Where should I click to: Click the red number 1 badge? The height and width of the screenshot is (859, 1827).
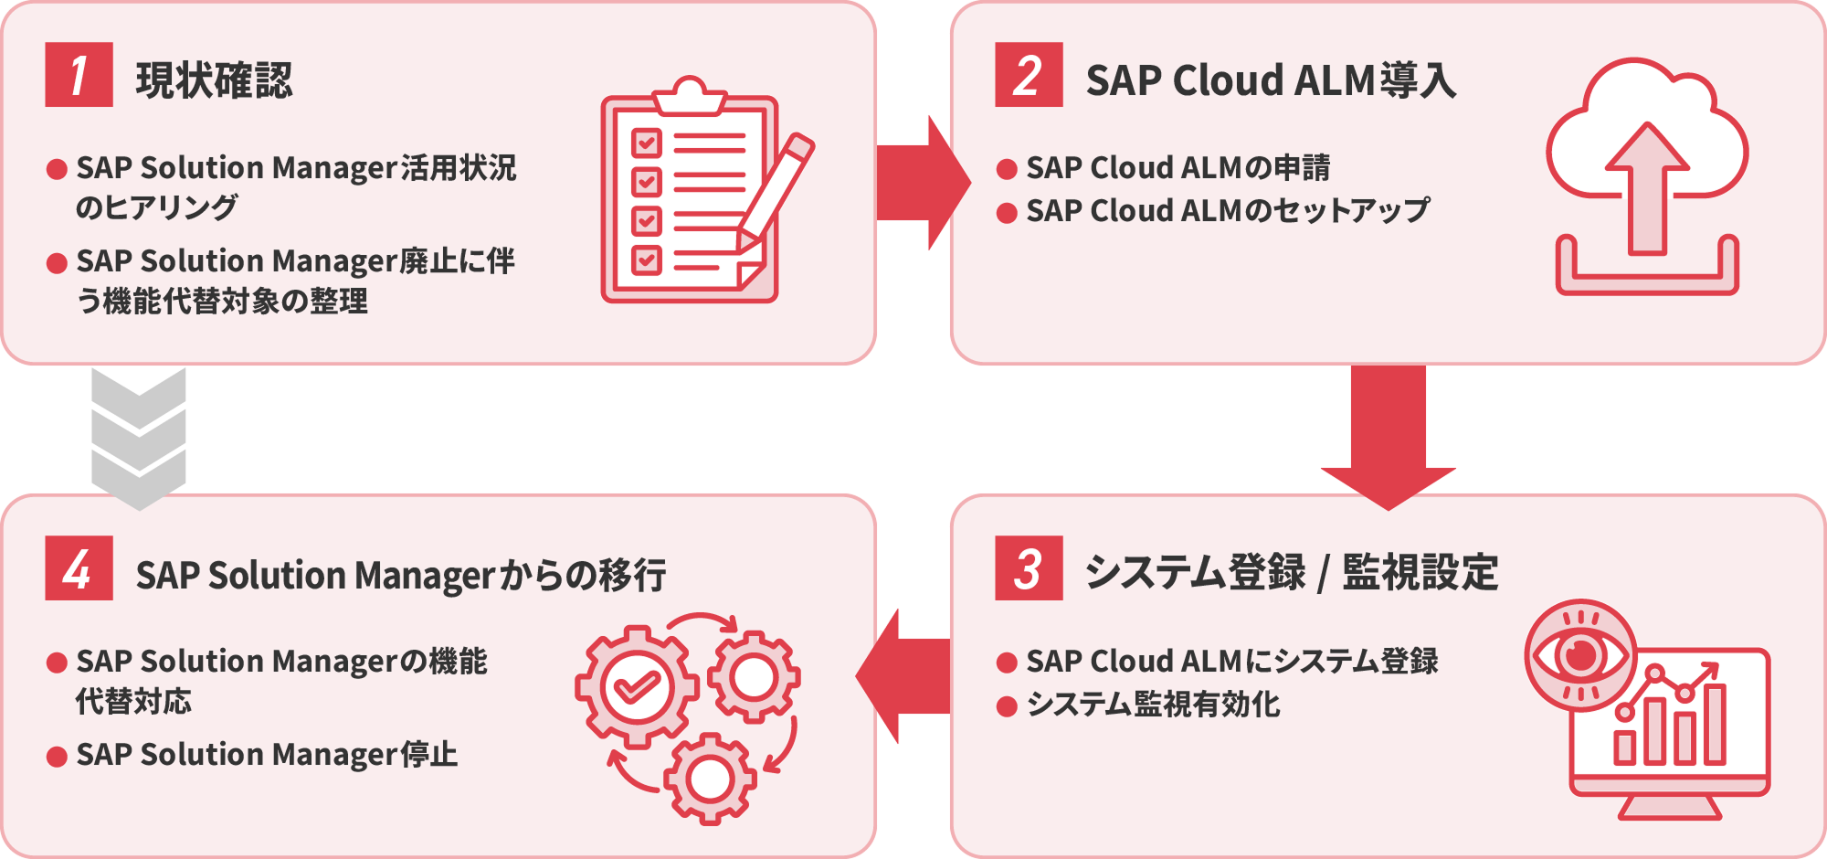point(79,75)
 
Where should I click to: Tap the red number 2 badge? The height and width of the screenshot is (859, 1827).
point(1029,75)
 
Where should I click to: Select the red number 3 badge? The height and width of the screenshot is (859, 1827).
point(1029,568)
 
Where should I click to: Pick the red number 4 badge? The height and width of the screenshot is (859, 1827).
point(79,568)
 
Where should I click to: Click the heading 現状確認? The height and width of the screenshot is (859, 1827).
point(214,80)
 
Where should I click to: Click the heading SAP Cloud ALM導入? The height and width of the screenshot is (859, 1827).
point(1270,80)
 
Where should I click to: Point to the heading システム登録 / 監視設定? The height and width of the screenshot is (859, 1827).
point(1291,573)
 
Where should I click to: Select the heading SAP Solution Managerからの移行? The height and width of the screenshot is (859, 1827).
point(400,576)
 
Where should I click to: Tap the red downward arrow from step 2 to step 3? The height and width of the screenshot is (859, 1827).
point(1388,434)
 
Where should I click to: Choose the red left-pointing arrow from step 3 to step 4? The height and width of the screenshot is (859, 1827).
point(904,676)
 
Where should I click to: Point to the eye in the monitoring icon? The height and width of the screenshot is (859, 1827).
point(1580,655)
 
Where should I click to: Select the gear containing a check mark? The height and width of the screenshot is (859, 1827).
point(637,687)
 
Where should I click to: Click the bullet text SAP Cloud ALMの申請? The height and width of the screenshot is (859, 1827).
point(1178,168)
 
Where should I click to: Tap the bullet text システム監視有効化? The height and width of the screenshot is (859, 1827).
point(1153,705)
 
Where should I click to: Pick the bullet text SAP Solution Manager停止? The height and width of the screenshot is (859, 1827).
point(267,755)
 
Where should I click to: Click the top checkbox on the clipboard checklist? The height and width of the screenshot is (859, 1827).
point(647,143)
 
